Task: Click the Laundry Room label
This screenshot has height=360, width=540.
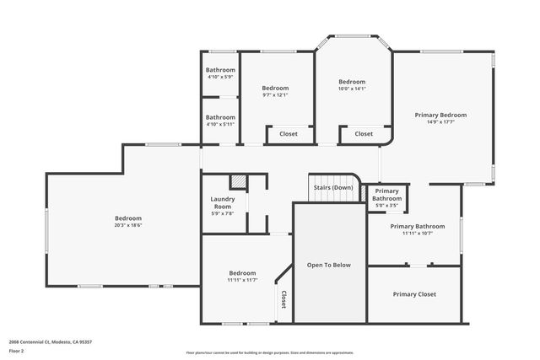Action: click(x=222, y=202)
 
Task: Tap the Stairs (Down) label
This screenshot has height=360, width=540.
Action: click(x=332, y=187)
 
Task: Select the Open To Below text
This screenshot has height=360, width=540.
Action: click(x=329, y=265)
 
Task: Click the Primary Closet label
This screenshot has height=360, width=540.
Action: click(x=414, y=294)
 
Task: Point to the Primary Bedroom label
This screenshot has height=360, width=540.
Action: click(x=440, y=115)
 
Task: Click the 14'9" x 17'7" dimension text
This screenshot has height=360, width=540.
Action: click(x=440, y=122)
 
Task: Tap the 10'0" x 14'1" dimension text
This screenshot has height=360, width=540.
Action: click(x=352, y=89)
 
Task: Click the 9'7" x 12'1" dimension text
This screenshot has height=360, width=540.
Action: click(x=275, y=95)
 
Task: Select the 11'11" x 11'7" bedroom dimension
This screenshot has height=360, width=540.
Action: click(x=242, y=280)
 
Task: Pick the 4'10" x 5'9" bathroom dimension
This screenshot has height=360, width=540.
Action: click(x=220, y=77)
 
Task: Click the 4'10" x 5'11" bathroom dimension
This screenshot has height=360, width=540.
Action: click(x=220, y=124)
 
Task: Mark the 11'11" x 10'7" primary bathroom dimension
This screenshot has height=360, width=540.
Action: click(x=417, y=234)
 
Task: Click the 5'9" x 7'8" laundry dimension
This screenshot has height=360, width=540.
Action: click(x=222, y=213)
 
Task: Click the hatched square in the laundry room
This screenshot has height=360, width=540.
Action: click(x=239, y=180)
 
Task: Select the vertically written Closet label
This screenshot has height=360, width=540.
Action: click(x=283, y=300)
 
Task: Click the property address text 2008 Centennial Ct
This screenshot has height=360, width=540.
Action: click(x=51, y=342)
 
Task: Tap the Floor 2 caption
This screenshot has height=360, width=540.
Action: click(x=17, y=350)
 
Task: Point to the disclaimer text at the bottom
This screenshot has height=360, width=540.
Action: click(x=270, y=352)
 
